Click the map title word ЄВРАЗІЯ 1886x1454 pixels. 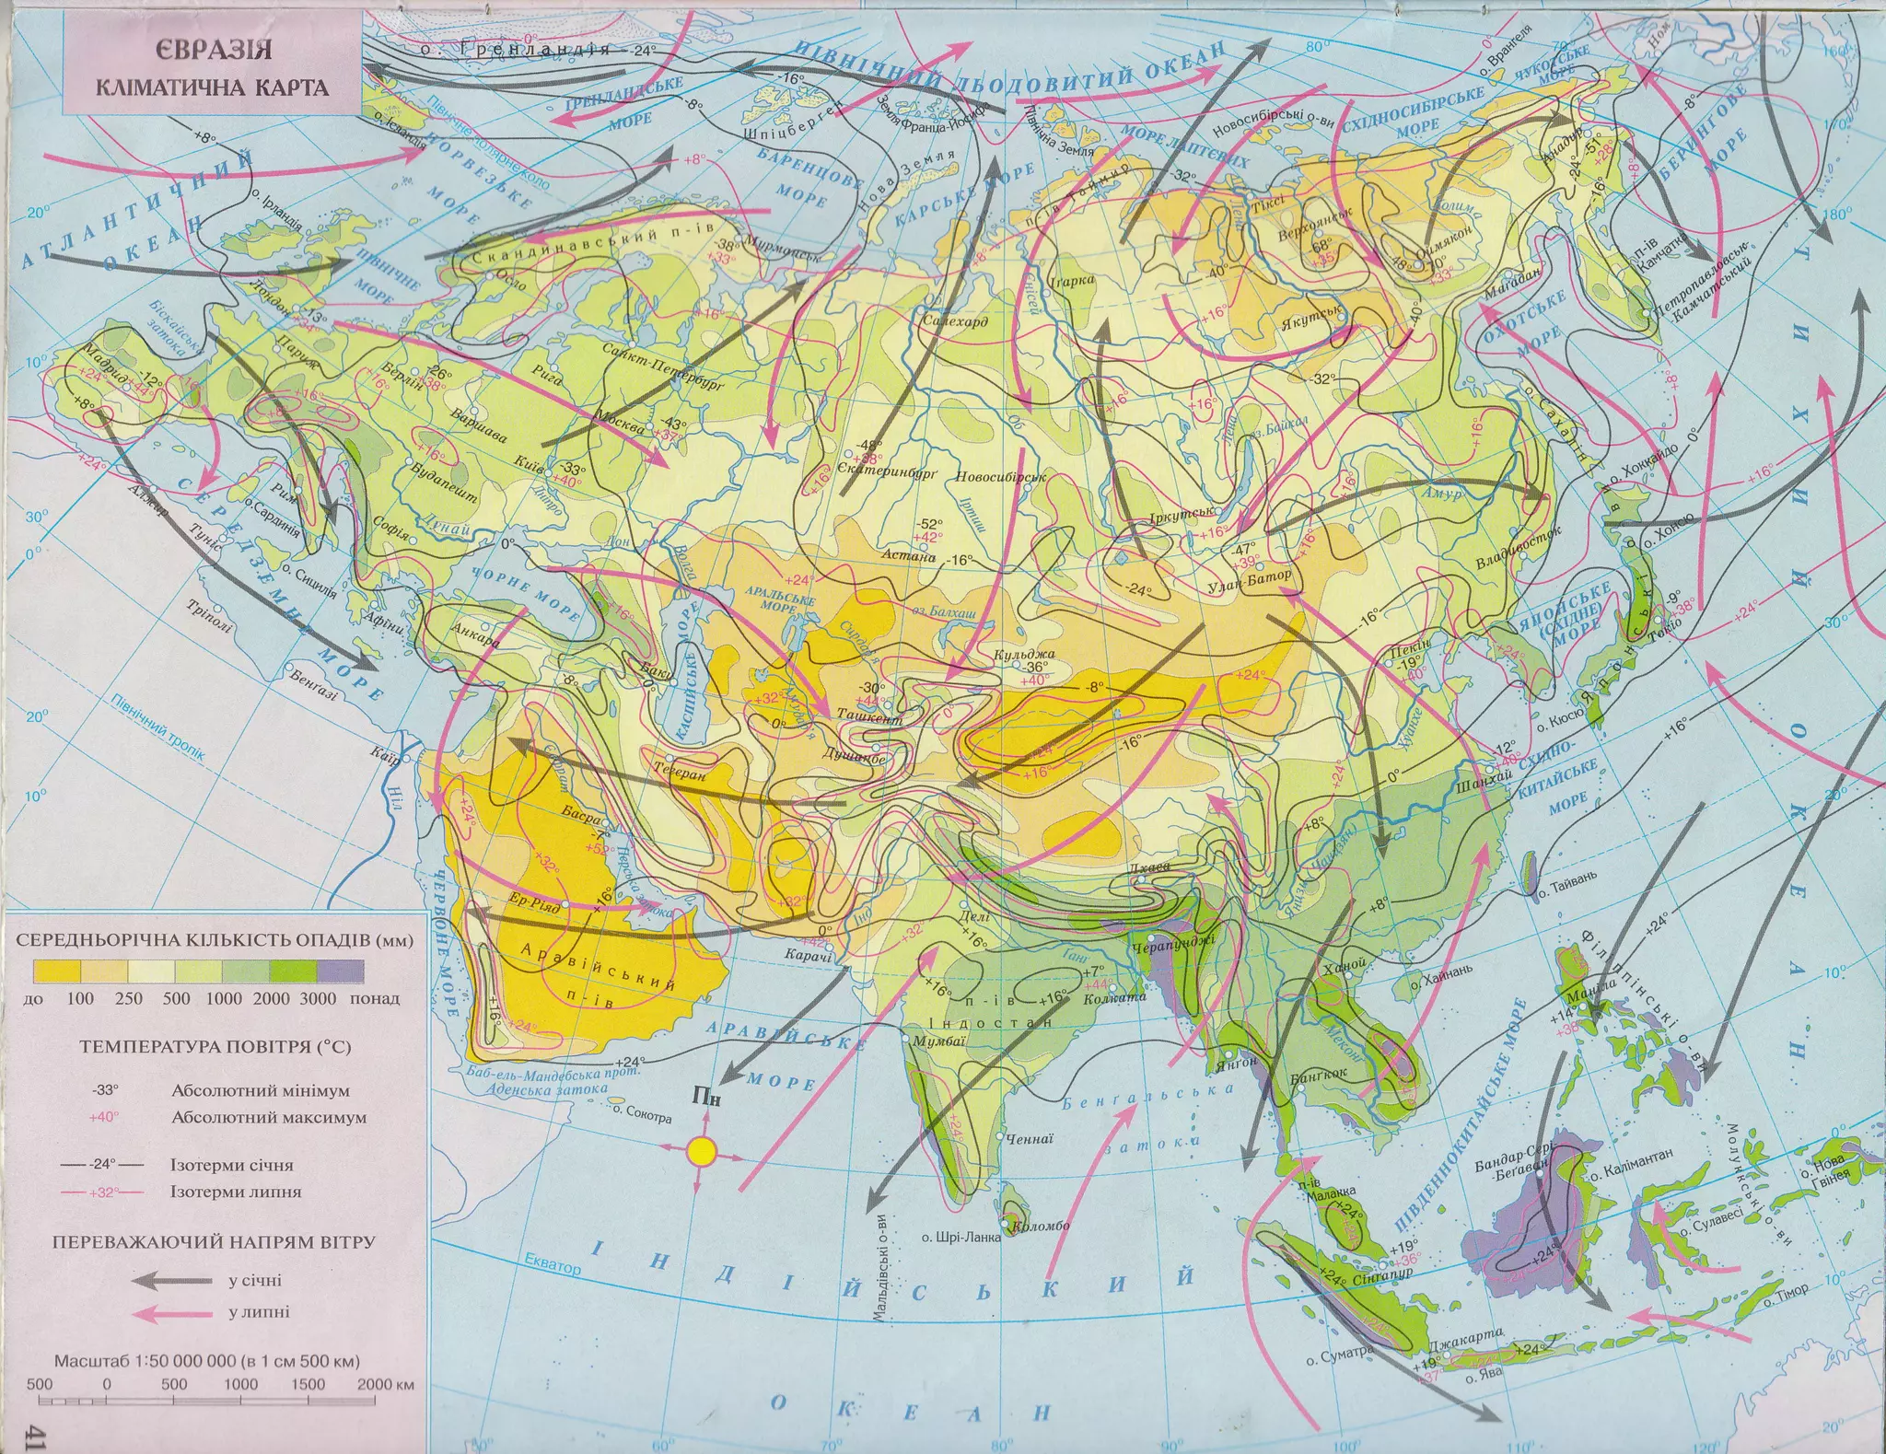[213, 52]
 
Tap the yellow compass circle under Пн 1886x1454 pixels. [703, 1150]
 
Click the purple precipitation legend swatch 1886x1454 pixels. [341, 972]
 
